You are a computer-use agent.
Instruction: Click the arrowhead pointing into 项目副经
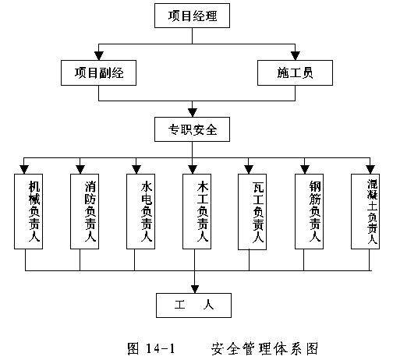coord(99,56)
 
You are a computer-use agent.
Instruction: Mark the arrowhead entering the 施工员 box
coord(296,56)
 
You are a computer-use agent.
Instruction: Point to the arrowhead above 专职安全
coord(193,113)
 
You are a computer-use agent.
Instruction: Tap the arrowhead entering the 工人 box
coord(195,289)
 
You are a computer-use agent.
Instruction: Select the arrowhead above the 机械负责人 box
coord(24,170)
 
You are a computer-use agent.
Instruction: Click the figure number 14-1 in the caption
coord(160,348)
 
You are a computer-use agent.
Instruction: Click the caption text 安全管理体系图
coord(264,348)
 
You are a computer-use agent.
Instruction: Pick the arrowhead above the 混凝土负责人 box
coord(370,170)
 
